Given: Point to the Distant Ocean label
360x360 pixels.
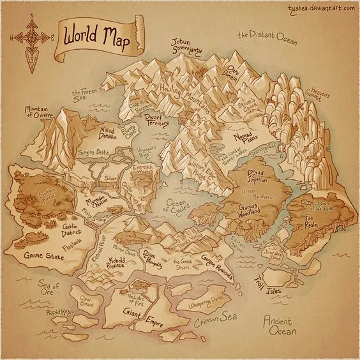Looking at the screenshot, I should pyautogui.click(x=267, y=36).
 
